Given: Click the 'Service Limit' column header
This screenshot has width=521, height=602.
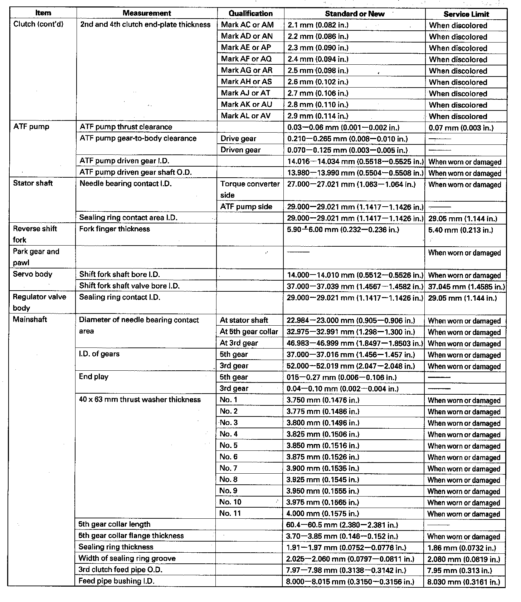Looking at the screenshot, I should pos(466,14).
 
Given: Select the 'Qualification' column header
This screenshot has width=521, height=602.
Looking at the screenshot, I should pos(250,14).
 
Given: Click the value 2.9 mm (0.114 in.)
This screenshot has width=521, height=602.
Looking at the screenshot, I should pos(318,116).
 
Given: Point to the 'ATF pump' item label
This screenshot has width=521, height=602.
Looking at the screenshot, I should pos(31,127).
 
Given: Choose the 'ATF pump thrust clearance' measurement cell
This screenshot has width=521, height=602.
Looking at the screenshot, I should pos(126,127).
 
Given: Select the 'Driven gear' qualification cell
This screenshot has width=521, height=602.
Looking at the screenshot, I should pos(240,150).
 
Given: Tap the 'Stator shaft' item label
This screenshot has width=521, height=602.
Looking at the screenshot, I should pos(33,183).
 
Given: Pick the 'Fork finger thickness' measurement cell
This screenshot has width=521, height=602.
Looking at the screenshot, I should pos(115,229).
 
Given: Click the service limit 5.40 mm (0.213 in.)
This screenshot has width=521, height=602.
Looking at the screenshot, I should pos(461,230).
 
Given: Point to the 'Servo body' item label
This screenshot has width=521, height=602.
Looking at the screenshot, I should pos(33,275).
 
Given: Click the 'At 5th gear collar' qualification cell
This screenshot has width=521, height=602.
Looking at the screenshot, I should pos(249,332).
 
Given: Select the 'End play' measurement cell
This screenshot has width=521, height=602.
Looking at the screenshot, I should pos(94,377).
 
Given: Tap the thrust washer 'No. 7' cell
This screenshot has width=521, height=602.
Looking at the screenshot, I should pos(228,468).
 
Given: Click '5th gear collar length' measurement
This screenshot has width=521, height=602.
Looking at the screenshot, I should pos(114,524).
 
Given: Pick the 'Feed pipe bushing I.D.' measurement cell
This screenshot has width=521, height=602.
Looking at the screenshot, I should pos(116,581).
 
